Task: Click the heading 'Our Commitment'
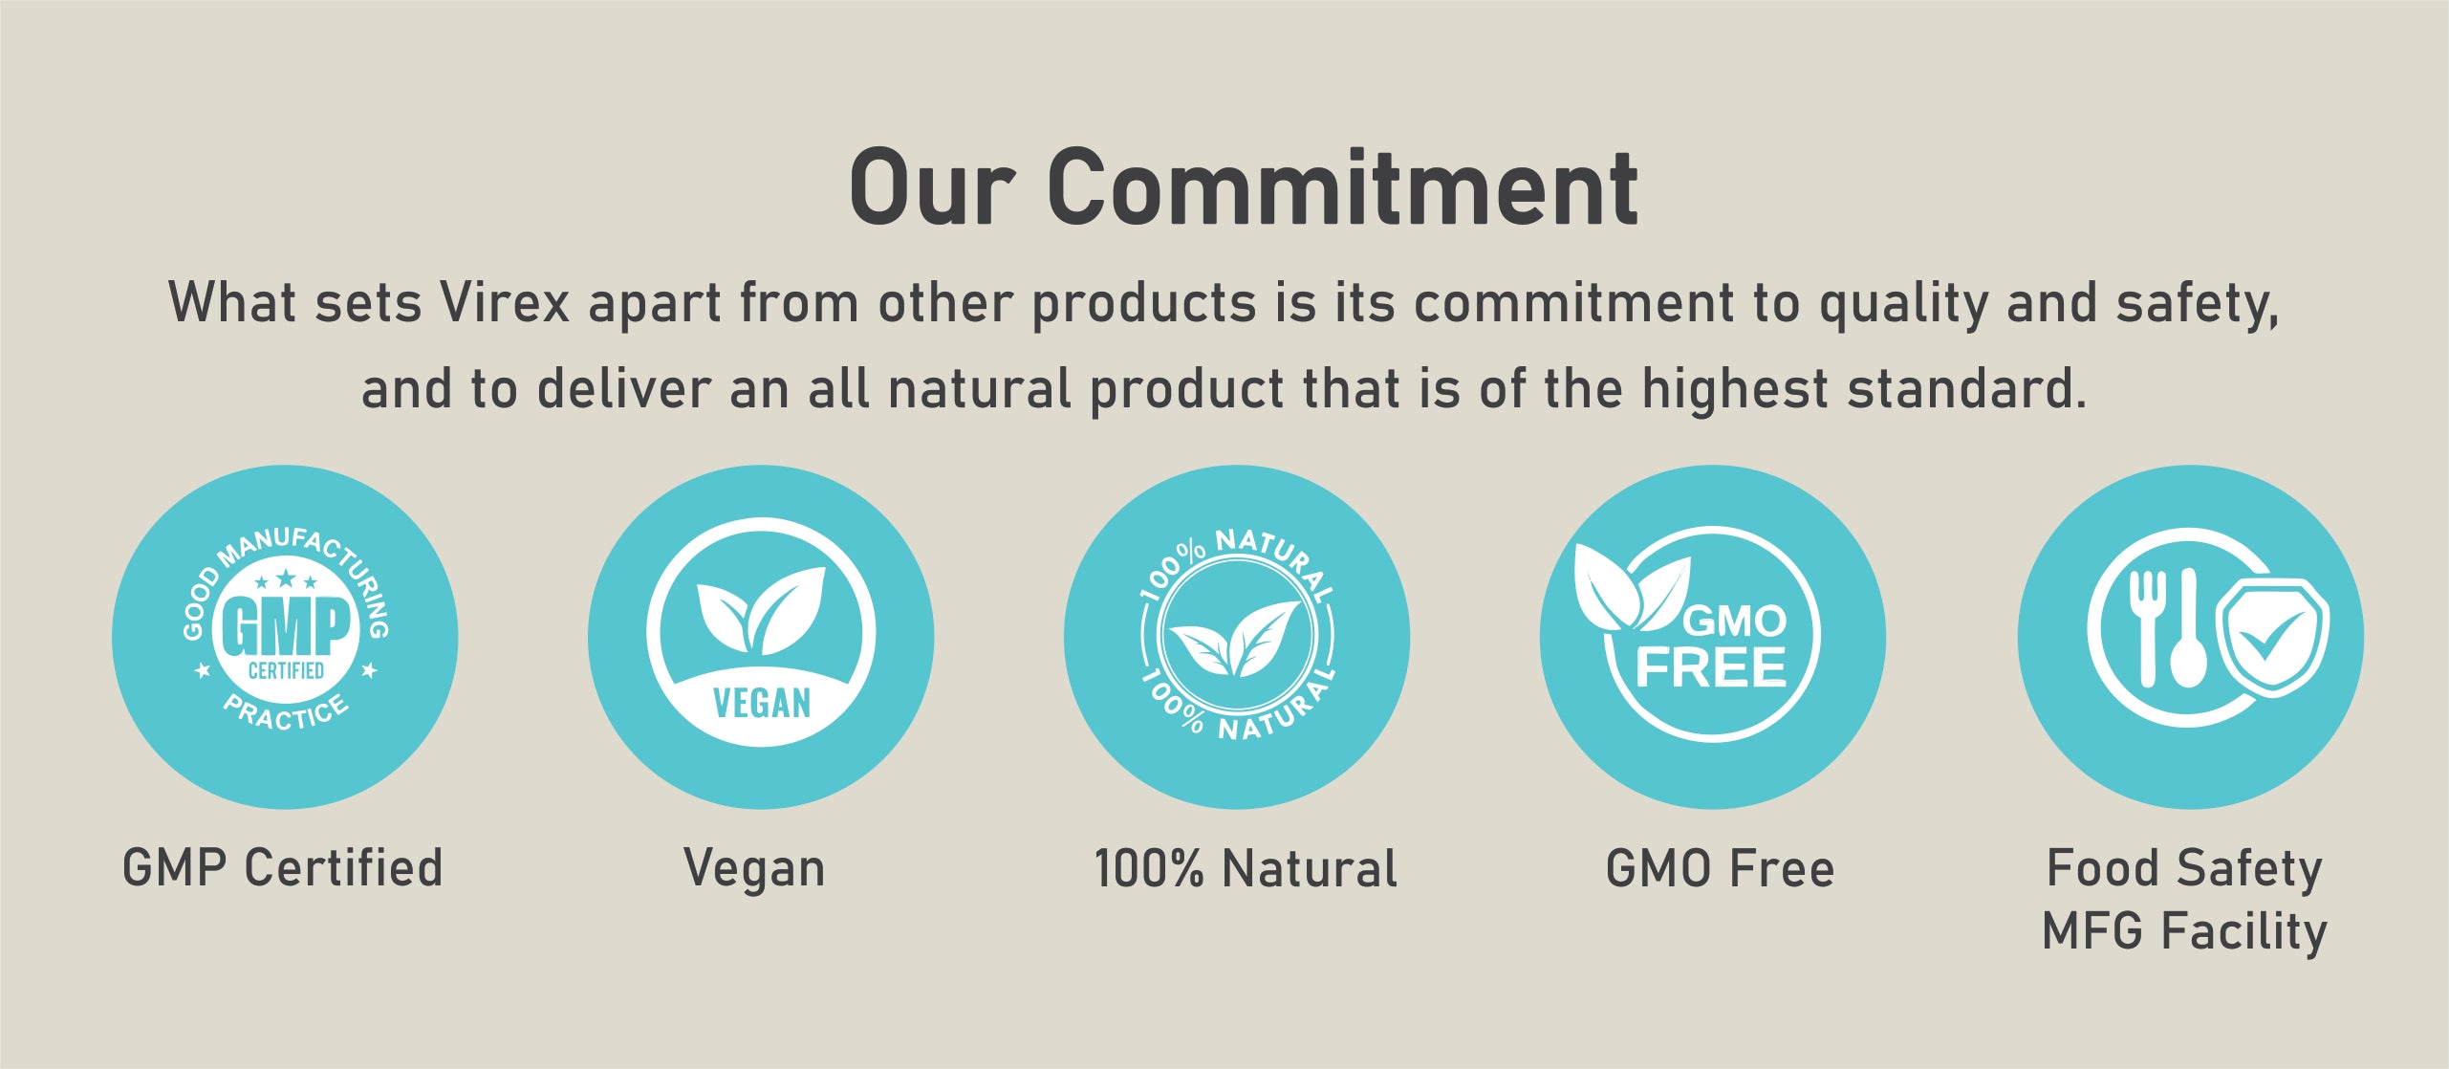pyautogui.click(x=1244, y=187)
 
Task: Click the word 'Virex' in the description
pyautogui.click(x=504, y=303)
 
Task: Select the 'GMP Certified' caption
pyautogui.click(x=283, y=868)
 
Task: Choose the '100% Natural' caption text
pyautogui.click(x=1246, y=868)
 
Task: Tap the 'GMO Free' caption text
pyautogui.click(x=1720, y=868)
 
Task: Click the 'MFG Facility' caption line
pyautogui.click(x=2185, y=932)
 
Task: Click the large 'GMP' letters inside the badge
pyautogui.click(x=286, y=626)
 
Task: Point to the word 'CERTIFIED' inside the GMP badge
pyautogui.click(x=286, y=670)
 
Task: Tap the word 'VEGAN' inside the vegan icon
pyautogui.click(x=762, y=704)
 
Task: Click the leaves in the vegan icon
pyautogui.click(x=761, y=610)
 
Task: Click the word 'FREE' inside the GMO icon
pyautogui.click(x=1711, y=666)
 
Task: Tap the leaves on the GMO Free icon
pyautogui.click(x=1630, y=586)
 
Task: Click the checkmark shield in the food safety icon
pyautogui.click(x=2272, y=635)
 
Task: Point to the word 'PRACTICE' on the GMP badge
pyautogui.click(x=286, y=711)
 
